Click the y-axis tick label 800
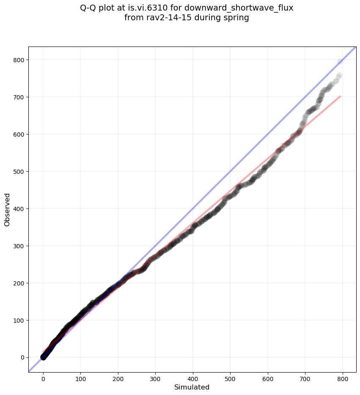pyautogui.click(x=19, y=60)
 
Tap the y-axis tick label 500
pyautogui.click(x=19, y=172)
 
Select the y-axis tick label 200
pyautogui.click(x=19, y=283)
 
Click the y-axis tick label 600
pyautogui.click(x=19, y=134)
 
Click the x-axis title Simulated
pyautogui.click(x=192, y=387)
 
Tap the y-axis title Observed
pyautogui.click(x=7, y=209)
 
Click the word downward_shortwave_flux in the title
pyautogui.click(x=239, y=8)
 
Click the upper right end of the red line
pyautogui.click(x=340, y=96)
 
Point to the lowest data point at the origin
pyautogui.click(x=43, y=357)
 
